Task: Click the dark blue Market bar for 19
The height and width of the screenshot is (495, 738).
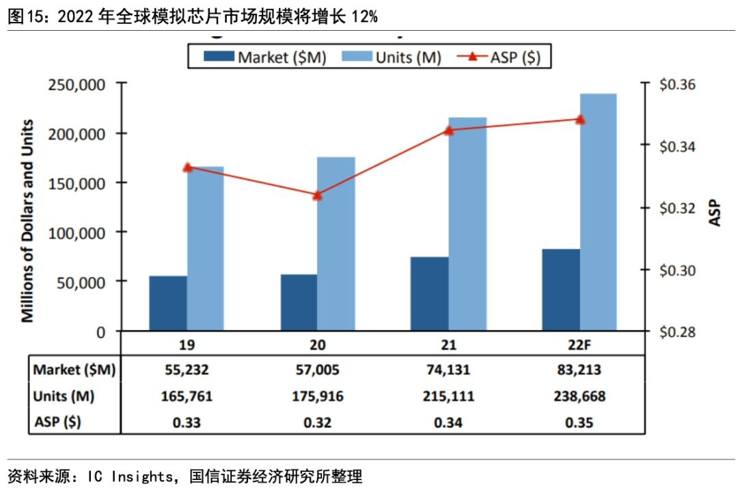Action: coord(168,304)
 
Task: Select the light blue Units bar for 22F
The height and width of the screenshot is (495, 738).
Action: coord(598,212)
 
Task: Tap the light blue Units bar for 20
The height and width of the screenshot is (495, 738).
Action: coord(336,244)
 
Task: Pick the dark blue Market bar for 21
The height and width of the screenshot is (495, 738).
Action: coord(430,294)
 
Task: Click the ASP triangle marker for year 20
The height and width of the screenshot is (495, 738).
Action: coord(317,195)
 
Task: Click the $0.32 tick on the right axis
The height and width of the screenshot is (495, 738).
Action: coord(676,208)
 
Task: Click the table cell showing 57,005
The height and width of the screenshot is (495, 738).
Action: coord(317,371)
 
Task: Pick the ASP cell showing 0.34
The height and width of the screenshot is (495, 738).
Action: coord(448,423)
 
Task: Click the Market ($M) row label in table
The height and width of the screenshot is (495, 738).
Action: coord(74,371)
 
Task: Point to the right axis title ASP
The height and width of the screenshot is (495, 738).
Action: coord(715,213)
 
